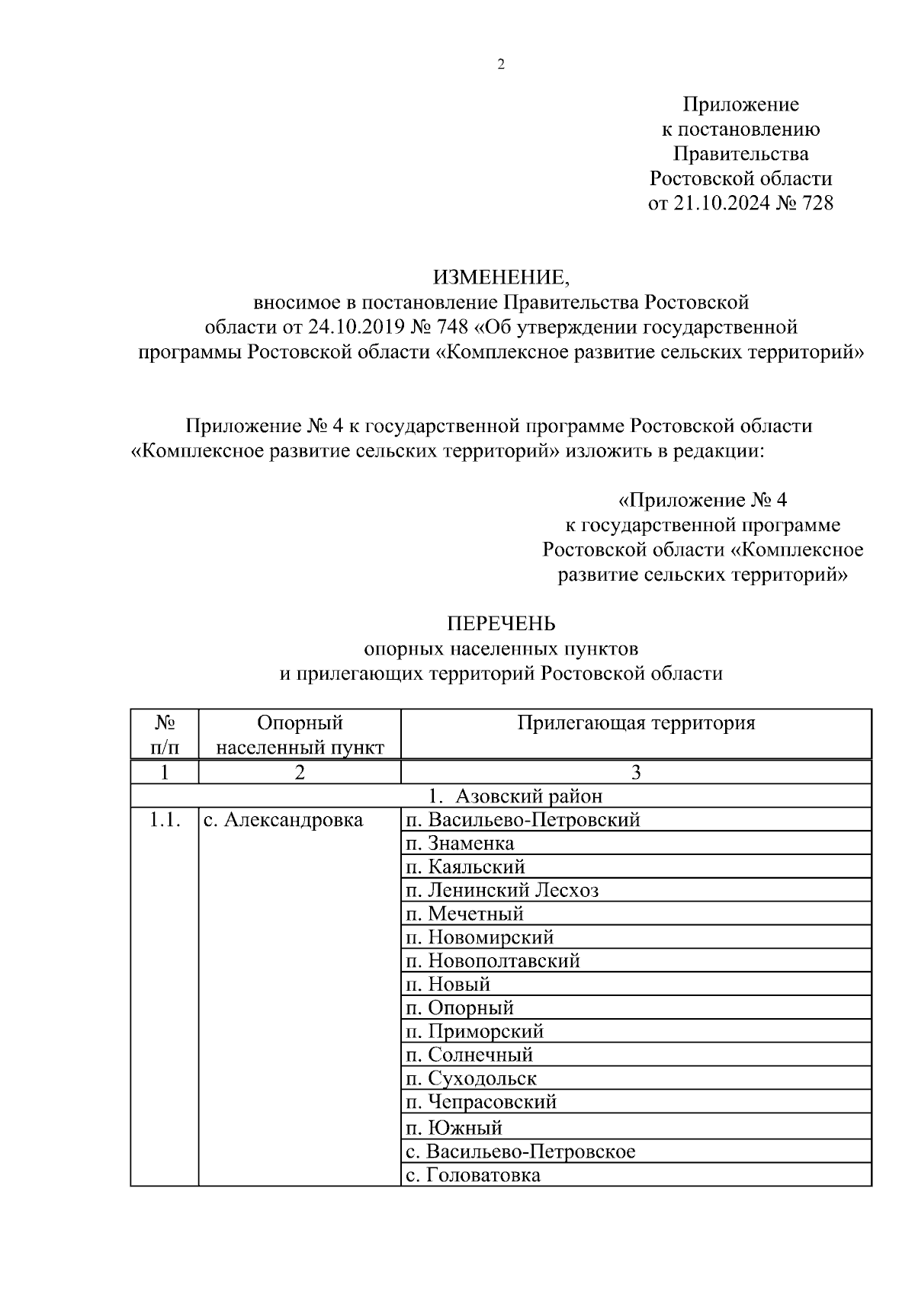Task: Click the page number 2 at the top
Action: [x=501, y=65]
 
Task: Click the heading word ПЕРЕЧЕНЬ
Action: [x=501, y=624]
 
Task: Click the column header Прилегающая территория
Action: [x=636, y=723]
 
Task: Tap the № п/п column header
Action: [x=165, y=735]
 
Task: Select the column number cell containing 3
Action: [x=636, y=773]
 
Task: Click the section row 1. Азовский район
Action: [x=515, y=796]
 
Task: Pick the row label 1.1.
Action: [x=165, y=820]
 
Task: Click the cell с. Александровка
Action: [x=283, y=820]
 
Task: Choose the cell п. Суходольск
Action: [x=471, y=1078]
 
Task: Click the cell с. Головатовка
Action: [x=473, y=1174]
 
